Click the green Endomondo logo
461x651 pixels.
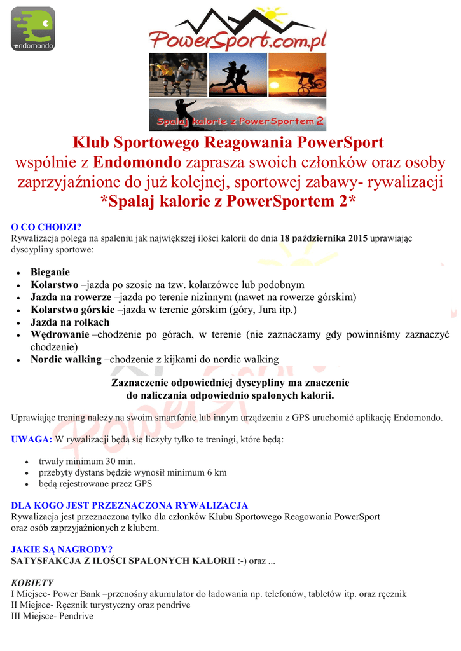coord(33,29)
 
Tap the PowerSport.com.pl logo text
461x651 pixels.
coord(238,41)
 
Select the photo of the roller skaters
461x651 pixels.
coord(177,75)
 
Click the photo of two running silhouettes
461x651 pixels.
coord(237,75)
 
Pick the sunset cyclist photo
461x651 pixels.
coord(297,75)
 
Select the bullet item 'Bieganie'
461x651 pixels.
coord(50,272)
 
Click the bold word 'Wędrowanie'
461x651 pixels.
coord(60,334)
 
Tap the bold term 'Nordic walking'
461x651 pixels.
coord(66,359)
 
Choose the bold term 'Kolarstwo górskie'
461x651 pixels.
coord(71,310)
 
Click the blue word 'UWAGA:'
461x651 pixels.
coord(32,439)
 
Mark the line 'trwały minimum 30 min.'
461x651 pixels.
coord(86,461)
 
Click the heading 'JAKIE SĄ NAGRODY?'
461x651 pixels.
coord(62,549)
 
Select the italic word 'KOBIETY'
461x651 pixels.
coord(32,582)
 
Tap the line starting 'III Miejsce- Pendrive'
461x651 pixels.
coord(52,616)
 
